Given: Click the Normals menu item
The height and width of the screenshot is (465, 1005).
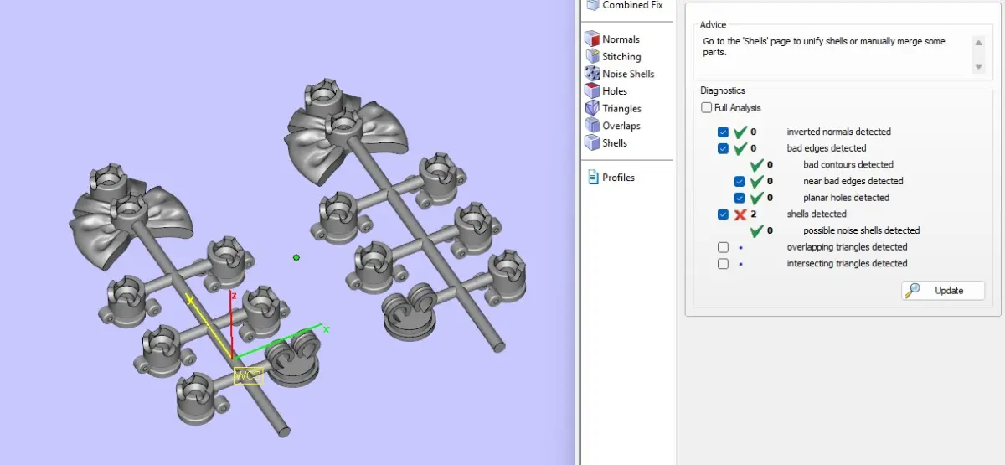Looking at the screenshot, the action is point(612,39).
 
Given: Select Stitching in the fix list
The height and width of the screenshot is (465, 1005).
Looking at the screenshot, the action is point(613,57).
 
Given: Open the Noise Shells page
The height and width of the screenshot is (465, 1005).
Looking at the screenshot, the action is point(620,74).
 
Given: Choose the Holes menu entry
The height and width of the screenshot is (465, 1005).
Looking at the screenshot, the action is point(606,91).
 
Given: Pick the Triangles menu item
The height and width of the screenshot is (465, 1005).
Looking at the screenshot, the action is point(613,108).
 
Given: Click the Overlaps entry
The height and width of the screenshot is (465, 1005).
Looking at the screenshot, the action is point(613,126).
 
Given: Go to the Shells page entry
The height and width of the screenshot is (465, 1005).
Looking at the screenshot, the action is point(606,142).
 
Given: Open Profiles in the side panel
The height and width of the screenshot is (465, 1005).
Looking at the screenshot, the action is point(611,178).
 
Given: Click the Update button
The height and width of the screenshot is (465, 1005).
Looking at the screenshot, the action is point(943,291).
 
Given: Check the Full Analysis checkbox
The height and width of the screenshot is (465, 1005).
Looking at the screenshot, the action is point(706,108).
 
